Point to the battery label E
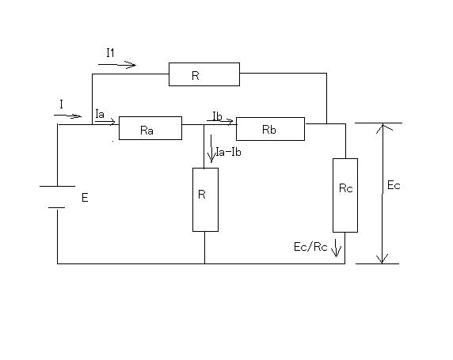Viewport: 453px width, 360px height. pyautogui.click(x=85, y=198)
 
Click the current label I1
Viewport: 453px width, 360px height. pyautogui.click(x=110, y=53)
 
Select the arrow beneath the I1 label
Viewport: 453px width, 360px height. pyautogui.click(x=117, y=65)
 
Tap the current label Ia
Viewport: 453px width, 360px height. pyautogui.click(x=100, y=114)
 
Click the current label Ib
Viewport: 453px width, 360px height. pyautogui.click(x=217, y=116)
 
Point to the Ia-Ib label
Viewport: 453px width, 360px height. pyautogui.click(x=229, y=152)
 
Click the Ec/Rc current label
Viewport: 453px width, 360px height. pyautogui.click(x=310, y=247)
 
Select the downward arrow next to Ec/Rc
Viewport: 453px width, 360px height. pyautogui.click(x=336, y=248)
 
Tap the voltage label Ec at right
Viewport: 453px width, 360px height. pyautogui.click(x=394, y=185)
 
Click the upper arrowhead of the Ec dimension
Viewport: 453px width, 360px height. pyautogui.click(x=383, y=127)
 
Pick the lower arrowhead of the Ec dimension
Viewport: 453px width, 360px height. pyautogui.click(x=383, y=260)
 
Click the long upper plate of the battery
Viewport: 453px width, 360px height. pyautogui.click(x=57, y=186)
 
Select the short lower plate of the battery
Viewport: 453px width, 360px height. pyautogui.click(x=57, y=207)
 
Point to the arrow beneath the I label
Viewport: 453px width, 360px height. pyautogui.click(x=67, y=116)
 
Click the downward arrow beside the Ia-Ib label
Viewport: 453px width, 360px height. pyautogui.click(x=211, y=149)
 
